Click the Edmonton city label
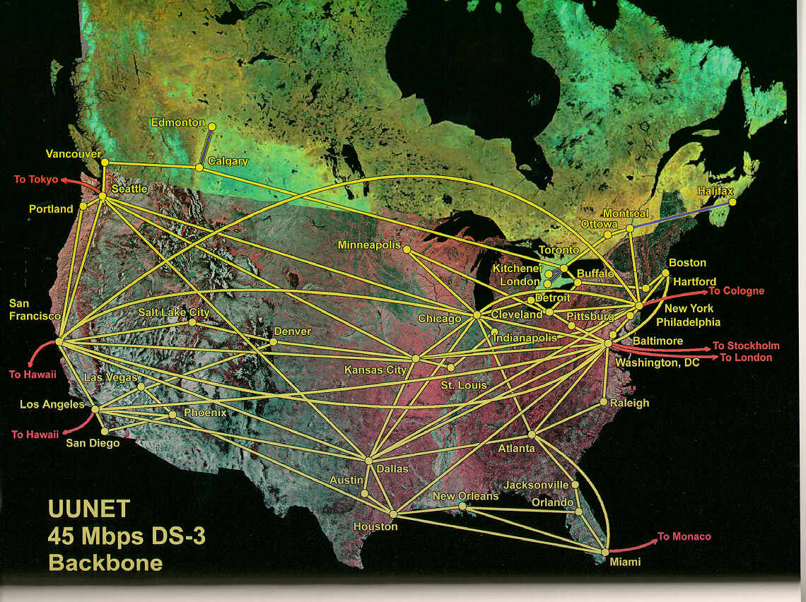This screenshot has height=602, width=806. click(x=177, y=123)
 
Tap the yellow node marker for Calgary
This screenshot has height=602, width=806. click(x=199, y=167)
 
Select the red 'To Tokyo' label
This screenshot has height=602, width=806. click(x=35, y=179)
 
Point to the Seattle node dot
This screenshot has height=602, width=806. click(x=103, y=196)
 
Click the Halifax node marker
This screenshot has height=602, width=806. click(x=732, y=202)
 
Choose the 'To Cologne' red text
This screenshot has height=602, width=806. click(x=736, y=290)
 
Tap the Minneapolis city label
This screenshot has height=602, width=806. click(x=369, y=245)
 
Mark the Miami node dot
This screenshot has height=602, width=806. click(x=605, y=552)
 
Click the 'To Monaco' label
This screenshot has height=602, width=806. click(x=684, y=536)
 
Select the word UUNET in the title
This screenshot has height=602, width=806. click(x=89, y=509)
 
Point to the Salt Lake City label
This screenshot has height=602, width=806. click(x=173, y=312)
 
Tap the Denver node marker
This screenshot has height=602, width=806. click(x=273, y=342)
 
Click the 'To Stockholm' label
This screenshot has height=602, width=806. click(x=745, y=346)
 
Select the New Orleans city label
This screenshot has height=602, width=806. click(x=465, y=496)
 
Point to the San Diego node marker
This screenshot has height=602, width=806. click(x=104, y=431)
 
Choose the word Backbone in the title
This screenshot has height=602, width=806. click(x=105, y=563)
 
